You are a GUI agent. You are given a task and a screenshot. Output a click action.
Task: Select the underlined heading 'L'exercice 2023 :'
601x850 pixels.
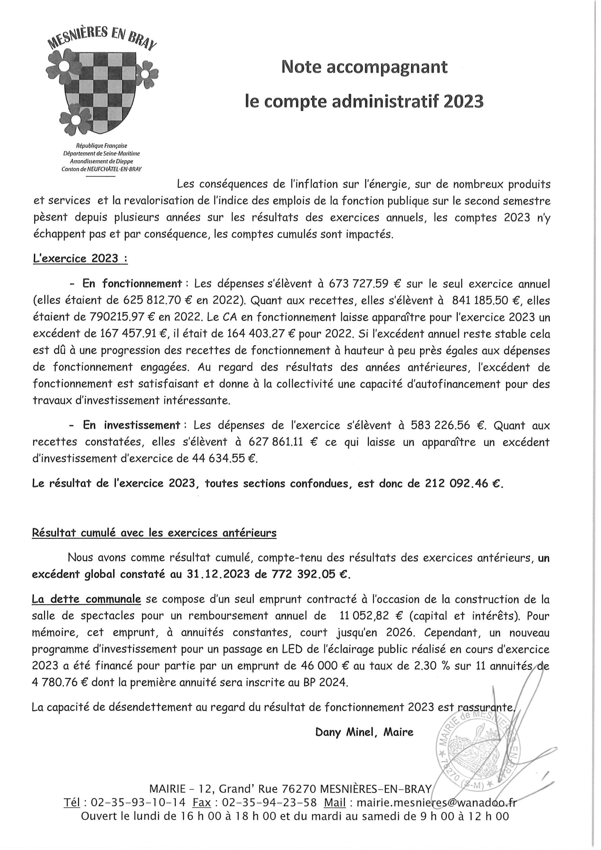tap(80, 259)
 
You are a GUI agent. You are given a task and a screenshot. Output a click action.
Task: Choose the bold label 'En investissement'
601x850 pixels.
tap(131, 425)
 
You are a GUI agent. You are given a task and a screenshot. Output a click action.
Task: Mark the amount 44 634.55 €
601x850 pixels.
tap(224, 459)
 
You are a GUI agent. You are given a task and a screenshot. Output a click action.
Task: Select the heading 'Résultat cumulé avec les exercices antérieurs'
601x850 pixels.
tap(154, 533)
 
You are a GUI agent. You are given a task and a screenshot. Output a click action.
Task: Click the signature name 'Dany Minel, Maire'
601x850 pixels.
tap(364, 732)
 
